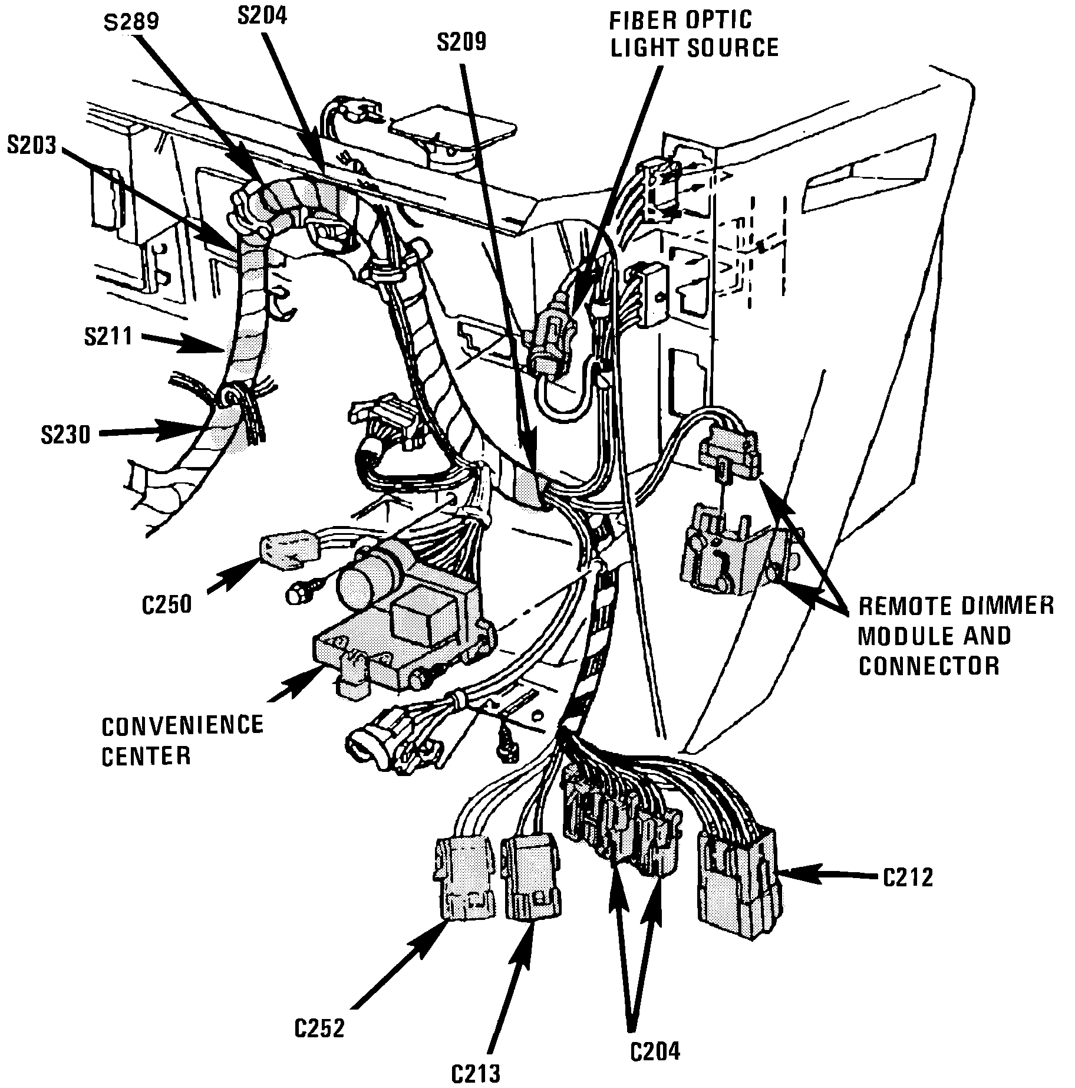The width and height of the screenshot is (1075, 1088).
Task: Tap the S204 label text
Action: pos(262,16)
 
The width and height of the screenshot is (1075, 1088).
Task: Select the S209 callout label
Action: pos(461,42)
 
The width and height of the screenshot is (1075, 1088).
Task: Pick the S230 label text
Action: pos(65,435)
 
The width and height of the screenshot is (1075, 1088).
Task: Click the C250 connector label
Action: pos(167,605)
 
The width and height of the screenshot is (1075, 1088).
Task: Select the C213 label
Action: pos(476,1071)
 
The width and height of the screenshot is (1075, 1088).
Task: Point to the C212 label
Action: pos(908,878)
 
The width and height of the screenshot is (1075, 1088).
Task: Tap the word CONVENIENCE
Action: pos(182,725)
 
